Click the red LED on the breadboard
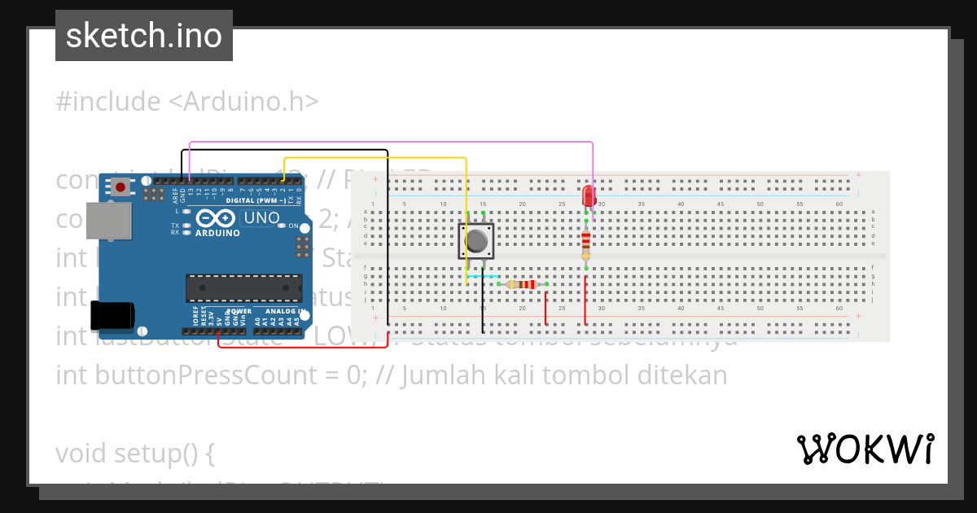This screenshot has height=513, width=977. (x=589, y=196)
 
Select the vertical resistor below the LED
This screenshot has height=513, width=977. (x=586, y=242)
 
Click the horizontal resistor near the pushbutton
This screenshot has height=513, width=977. (x=522, y=284)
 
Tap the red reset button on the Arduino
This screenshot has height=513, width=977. (x=121, y=187)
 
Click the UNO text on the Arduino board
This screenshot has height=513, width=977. (x=262, y=218)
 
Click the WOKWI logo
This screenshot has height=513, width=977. (x=865, y=449)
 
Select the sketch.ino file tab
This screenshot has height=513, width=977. (x=144, y=36)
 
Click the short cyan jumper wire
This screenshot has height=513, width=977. (x=484, y=276)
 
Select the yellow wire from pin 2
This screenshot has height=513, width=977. (x=375, y=158)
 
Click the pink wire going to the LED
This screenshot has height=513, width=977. (x=391, y=142)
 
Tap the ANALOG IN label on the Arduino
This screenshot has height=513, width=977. (x=282, y=311)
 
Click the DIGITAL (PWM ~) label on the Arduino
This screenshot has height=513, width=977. (x=253, y=200)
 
